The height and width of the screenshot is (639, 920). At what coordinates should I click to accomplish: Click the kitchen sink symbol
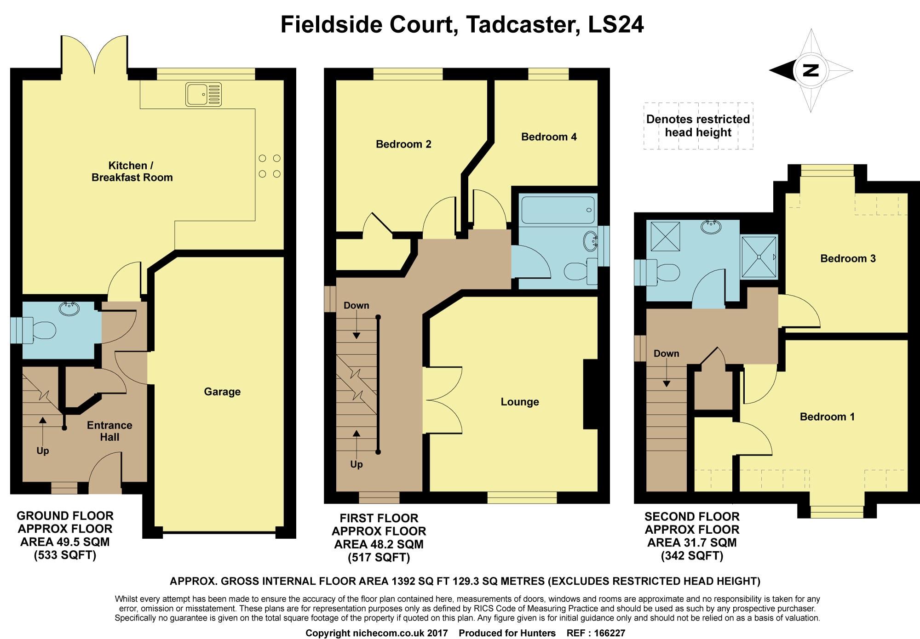[203, 94]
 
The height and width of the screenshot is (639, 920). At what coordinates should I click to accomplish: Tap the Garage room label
[222, 392]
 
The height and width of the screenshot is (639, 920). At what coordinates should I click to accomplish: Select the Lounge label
[520, 402]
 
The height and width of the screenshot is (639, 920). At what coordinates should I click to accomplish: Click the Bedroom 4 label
[549, 137]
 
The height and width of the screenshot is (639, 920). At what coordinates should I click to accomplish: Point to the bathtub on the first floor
[558, 210]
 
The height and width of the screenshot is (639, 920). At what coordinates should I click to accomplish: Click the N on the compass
[811, 70]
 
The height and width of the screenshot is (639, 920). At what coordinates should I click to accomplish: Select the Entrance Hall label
[109, 431]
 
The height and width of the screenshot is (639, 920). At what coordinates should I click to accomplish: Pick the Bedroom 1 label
[827, 417]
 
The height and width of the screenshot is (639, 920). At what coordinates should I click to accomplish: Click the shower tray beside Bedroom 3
[759, 257]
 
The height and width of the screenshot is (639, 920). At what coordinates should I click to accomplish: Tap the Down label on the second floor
[666, 354]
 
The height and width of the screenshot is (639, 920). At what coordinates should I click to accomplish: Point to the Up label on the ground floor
[43, 451]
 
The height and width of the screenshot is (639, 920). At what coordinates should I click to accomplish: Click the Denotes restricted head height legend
[698, 126]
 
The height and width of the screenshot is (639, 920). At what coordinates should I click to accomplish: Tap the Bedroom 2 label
[403, 144]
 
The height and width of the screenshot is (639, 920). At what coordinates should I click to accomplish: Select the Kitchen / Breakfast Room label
[132, 171]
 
